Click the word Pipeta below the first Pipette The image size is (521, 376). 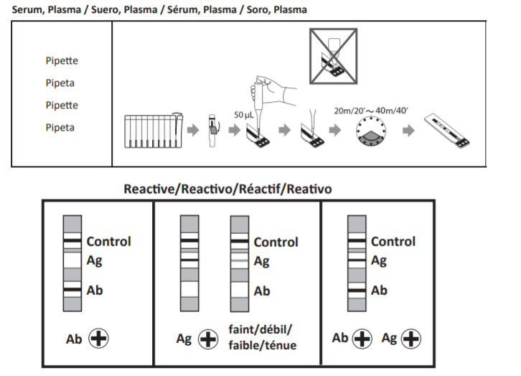point(60,83)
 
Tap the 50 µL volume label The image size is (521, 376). point(244,115)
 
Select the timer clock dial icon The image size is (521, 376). point(371,132)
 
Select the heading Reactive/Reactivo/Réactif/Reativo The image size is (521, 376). point(227,189)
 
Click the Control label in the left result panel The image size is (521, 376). point(108,242)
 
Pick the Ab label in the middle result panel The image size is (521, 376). point(262,291)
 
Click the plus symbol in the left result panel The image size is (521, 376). point(98,338)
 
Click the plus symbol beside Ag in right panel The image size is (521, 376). point(411,338)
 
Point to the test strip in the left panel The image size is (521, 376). point(72,262)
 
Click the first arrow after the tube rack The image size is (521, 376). point(192,131)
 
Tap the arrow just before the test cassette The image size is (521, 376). point(408,131)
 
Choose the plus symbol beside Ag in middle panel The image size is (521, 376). point(208,339)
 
